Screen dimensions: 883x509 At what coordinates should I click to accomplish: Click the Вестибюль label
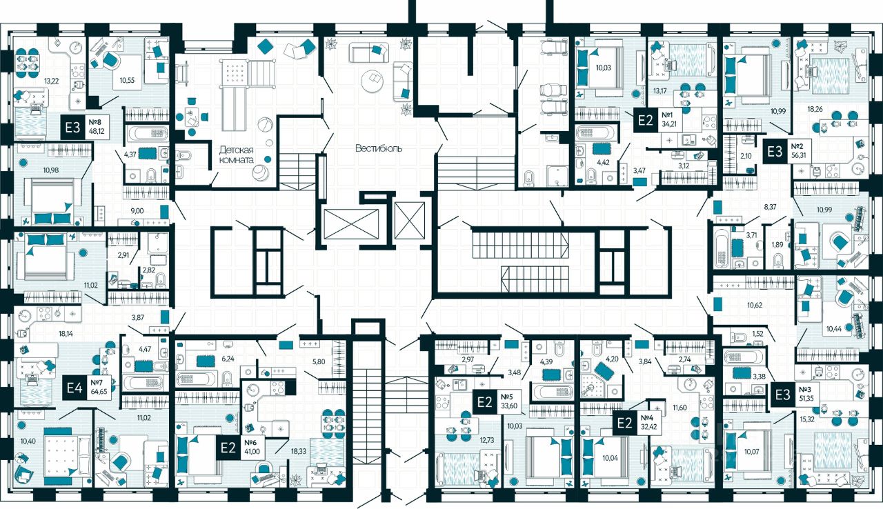click(379, 148)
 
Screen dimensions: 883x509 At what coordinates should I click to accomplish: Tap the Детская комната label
click(237, 154)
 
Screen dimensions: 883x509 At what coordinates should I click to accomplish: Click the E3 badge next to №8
click(72, 128)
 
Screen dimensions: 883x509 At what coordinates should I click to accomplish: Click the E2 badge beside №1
click(645, 120)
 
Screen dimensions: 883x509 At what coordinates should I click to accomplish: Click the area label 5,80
click(318, 361)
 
